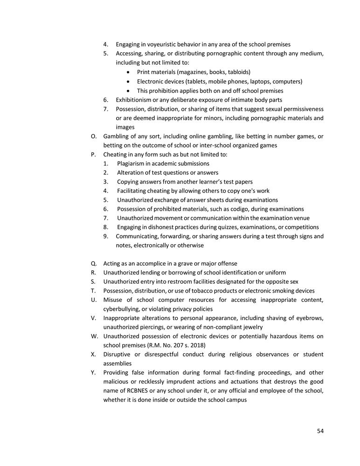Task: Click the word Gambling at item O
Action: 116,136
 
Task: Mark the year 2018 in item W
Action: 204,345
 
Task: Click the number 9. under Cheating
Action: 106,236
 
